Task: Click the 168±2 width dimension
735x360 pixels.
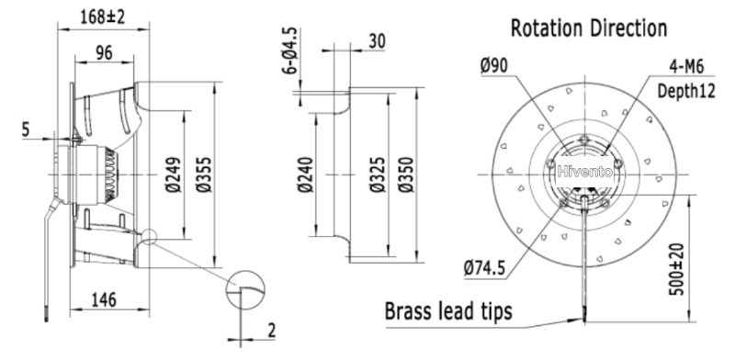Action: pos(103,17)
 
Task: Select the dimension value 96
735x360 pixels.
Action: pos(104,53)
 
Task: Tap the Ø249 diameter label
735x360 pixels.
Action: pos(174,174)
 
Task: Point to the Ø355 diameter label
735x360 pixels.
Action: pos(204,174)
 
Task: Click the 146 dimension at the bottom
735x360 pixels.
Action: pos(103,299)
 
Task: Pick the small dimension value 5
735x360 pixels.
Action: pos(27,129)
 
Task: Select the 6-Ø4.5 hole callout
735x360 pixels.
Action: pos(289,51)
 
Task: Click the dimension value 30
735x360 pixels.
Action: pos(378,41)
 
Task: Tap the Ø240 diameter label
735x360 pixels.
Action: pos(305,174)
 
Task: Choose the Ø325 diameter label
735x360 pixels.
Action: pos(378,174)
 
